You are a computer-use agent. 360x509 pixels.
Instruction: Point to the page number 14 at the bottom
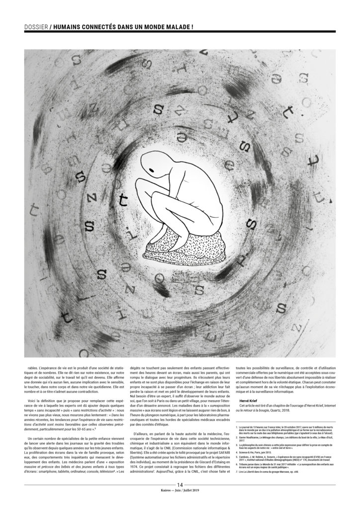point(180,497)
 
